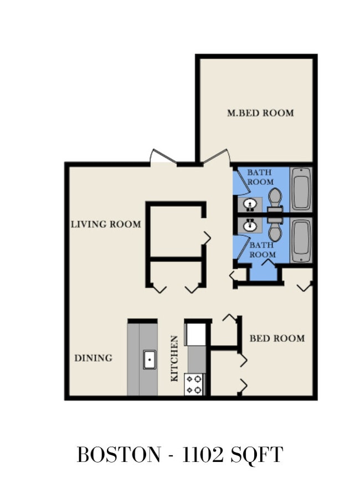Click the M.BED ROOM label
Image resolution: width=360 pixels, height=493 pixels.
click(260, 113)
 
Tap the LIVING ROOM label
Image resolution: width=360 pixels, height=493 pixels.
click(106, 224)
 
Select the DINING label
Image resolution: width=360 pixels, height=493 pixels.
click(93, 358)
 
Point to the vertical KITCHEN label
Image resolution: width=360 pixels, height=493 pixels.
click(174, 358)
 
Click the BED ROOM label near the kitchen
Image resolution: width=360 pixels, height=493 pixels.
click(277, 338)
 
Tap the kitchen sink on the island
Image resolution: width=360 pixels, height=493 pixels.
click(150, 360)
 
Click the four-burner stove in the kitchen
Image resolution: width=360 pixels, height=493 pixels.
click(194, 384)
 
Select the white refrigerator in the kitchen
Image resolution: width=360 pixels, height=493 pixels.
click(196, 334)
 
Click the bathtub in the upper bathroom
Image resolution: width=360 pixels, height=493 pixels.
click(301, 189)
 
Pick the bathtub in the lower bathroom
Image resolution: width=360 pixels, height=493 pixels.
click(301, 240)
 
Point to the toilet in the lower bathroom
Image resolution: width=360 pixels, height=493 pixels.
click(275, 229)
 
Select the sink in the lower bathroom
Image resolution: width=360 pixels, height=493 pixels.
click(250, 225)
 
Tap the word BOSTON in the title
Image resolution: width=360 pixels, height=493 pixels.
click(119, 455)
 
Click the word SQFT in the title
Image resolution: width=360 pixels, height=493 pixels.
click(256, 455)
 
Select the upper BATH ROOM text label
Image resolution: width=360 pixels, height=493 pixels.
click(260, 177)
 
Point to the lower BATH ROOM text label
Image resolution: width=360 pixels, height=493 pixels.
click(262, 250)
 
